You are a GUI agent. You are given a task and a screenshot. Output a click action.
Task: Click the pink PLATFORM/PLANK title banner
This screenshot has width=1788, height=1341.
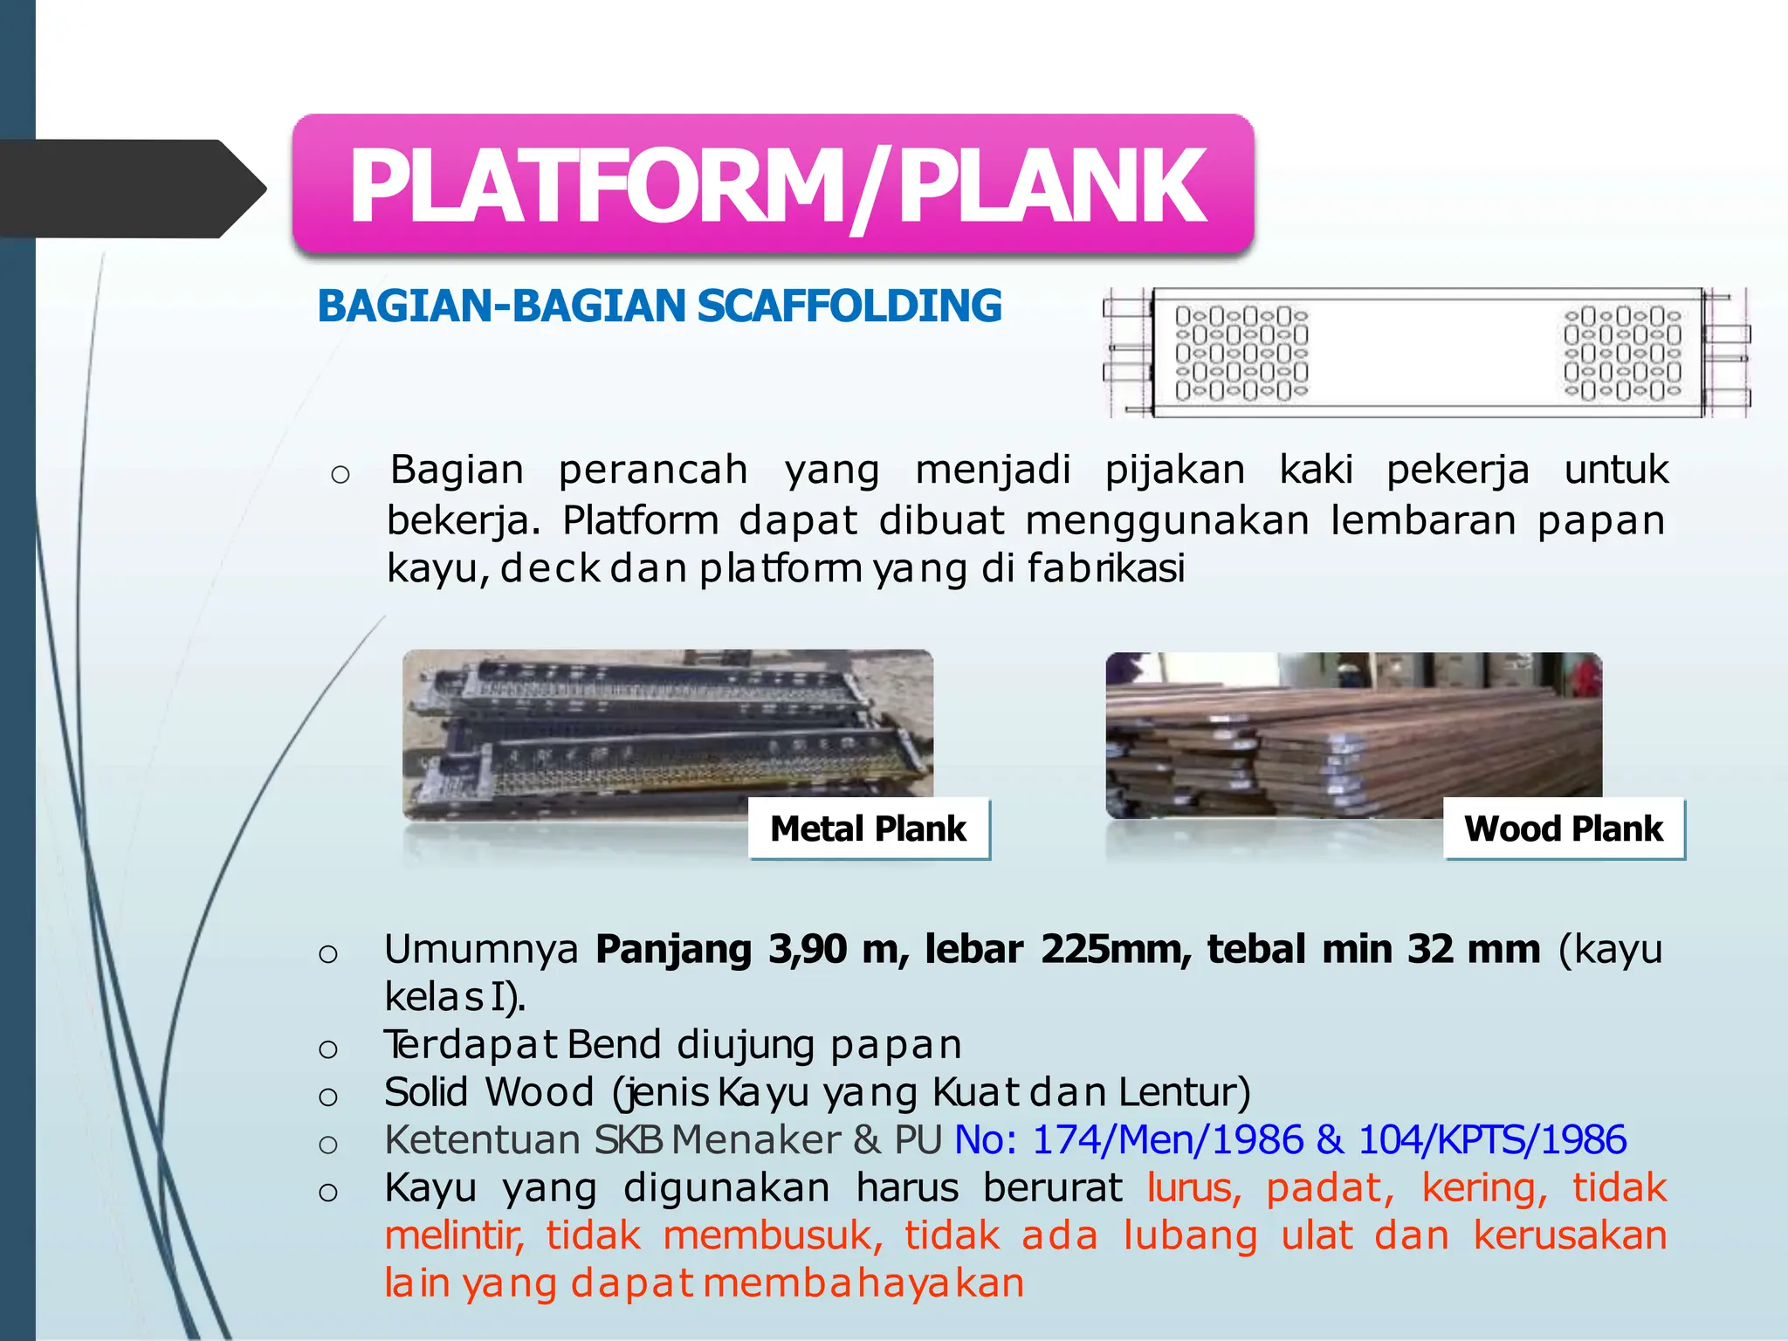click(774, 185)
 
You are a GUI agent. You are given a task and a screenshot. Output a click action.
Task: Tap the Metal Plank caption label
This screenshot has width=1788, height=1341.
click(869, 829)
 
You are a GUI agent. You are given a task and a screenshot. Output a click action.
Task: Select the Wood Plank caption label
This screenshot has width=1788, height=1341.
click(1564, 829)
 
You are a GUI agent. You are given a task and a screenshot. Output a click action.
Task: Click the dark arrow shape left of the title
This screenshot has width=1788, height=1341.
click(131, 189)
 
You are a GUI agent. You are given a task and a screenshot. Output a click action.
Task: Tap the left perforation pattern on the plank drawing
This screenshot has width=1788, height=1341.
click(1241, 353)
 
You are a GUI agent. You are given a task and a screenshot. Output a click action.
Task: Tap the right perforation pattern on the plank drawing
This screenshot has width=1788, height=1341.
click(1622, 353)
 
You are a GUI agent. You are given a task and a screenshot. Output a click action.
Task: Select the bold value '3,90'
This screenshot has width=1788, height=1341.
click(807, 949)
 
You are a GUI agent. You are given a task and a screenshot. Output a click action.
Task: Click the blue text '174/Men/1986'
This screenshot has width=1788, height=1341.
click(1167, 1140)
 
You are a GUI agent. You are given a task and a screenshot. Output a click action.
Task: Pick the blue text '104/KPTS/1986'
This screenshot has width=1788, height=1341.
click(1492, 1140)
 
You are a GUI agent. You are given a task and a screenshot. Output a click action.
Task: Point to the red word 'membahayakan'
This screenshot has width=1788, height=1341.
click(863, 1283)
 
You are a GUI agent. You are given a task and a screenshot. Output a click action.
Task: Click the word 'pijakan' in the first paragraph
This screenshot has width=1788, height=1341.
click(1175, 470)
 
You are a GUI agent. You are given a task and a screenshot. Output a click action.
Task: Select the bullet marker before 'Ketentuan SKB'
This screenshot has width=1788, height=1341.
click(328, 1144)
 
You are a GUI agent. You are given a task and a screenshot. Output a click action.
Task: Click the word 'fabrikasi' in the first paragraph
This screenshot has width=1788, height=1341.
click(1106, 568)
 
